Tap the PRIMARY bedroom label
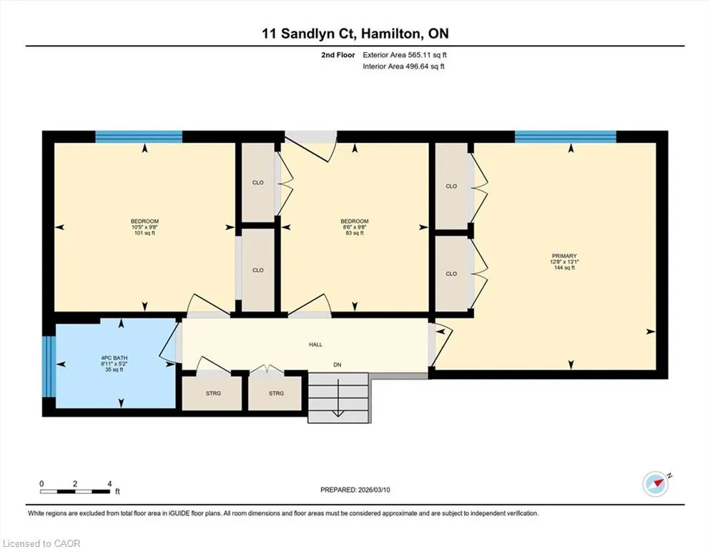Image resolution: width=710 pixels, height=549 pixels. (564, 256)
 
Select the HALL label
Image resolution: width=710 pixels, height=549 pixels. (315, 345)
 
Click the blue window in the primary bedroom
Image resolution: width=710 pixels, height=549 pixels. (566, 137)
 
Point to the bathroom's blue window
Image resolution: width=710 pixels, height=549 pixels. (49, 366)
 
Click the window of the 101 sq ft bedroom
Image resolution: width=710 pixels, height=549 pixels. (139, 137)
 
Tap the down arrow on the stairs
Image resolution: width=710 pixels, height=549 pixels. (338, 398)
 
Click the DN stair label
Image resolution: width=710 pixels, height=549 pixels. (337, 365)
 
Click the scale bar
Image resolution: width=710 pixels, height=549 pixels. (75, 491)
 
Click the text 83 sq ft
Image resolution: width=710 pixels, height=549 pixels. (355, 233)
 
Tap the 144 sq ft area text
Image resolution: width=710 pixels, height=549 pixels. (564, 267)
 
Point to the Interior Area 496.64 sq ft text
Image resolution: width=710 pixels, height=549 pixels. (403, 66)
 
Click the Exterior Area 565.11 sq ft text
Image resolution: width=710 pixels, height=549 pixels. (405, 55)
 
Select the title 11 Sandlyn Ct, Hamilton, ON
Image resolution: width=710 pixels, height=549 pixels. (355, 34)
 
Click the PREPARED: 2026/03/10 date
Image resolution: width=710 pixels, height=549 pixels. (355, 490)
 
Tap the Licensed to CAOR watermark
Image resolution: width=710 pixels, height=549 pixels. (41, 543)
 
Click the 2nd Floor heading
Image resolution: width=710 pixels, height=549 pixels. (337, 55)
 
